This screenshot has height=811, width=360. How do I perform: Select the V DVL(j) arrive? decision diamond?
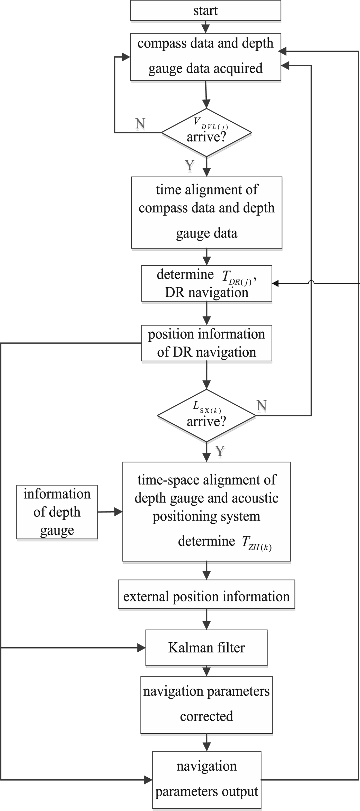[206, 133]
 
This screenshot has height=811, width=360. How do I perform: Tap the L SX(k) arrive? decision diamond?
[206, 416]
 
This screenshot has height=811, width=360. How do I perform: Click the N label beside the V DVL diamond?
[140, 124]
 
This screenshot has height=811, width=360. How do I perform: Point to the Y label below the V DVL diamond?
[190, 165]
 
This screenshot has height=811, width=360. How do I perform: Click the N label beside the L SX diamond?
[262, 406]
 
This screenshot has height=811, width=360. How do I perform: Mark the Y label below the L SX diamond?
[220, 451]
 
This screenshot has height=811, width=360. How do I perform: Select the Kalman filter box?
[206, 648]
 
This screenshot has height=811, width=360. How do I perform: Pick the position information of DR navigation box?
[206, 343]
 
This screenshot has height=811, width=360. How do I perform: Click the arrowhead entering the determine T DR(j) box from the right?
[275, 283]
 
